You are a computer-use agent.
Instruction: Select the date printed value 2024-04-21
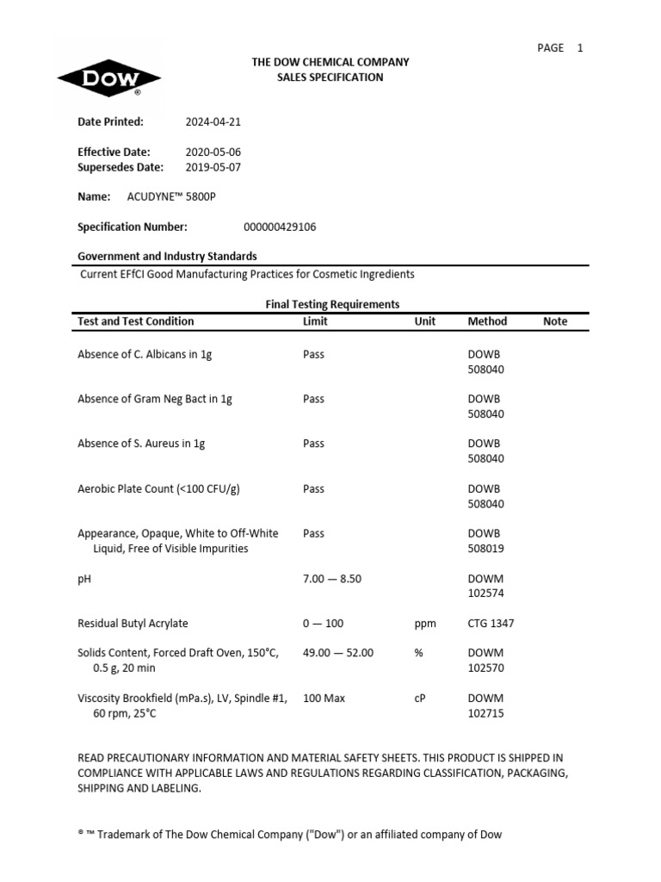pos(213,122)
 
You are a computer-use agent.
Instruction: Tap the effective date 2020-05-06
pos(213,152)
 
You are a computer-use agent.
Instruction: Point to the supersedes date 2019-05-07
pos(213,167)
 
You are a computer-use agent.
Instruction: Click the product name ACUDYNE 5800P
pos(171,196)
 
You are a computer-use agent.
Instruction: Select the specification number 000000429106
pos(281,227)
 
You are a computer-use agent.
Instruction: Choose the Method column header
pos(487,321)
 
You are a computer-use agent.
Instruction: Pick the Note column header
pos(555,321)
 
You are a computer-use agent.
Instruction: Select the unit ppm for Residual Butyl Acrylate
pos(425,624)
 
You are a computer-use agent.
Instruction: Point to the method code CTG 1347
pos(491,624)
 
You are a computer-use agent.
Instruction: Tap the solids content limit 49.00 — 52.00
pos(338,653)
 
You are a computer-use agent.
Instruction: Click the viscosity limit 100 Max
pos(324,699)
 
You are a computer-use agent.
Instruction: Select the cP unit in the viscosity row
pos(420,699)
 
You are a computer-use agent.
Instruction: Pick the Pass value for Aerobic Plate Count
pos(313,489)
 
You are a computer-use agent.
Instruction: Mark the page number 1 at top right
pos(580,48)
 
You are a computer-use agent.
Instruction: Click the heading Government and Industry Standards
pos(167,257)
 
